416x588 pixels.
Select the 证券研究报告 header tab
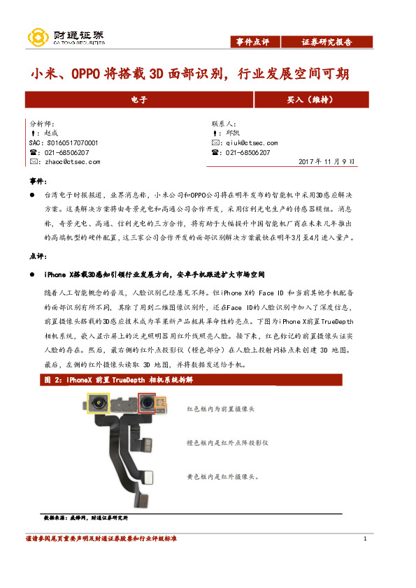coord(327,42)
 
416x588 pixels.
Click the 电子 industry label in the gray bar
coord(139,101)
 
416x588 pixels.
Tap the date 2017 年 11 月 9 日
coord(327,161)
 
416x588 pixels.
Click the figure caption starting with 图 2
coord(118,380)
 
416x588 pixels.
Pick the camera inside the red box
coord(147,404)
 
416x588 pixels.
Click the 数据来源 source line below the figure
coord(85,519)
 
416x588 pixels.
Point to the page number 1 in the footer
coord(366,539)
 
